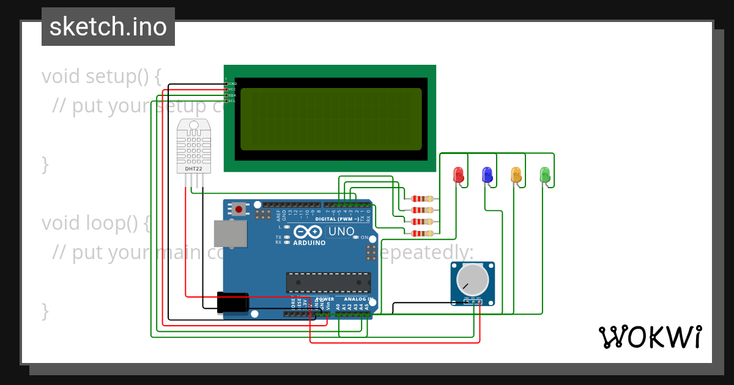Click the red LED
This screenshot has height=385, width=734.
coord(458,175)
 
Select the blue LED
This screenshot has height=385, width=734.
coord(487,175)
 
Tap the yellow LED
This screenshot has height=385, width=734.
coord(516,175)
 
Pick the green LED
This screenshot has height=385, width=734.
coord(544,175)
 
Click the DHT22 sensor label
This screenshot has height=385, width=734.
coord(193,168)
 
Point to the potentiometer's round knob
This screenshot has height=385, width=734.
coord(473,279)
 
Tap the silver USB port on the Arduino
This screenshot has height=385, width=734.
coord(230,234)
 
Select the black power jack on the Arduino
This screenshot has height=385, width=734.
coord(232,302)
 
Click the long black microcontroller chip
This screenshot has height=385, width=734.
coord(328,282)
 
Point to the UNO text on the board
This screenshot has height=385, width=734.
coord(341,232)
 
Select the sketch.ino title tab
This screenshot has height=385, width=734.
coord(108,27)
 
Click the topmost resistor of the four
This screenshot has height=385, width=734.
coord(422,198)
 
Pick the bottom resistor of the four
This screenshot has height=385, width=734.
coord(422,233)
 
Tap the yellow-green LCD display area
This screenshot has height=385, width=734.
coord(331,119)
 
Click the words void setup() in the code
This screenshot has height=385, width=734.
coord(102,76)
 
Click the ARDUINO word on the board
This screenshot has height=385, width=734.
coord(309,242)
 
